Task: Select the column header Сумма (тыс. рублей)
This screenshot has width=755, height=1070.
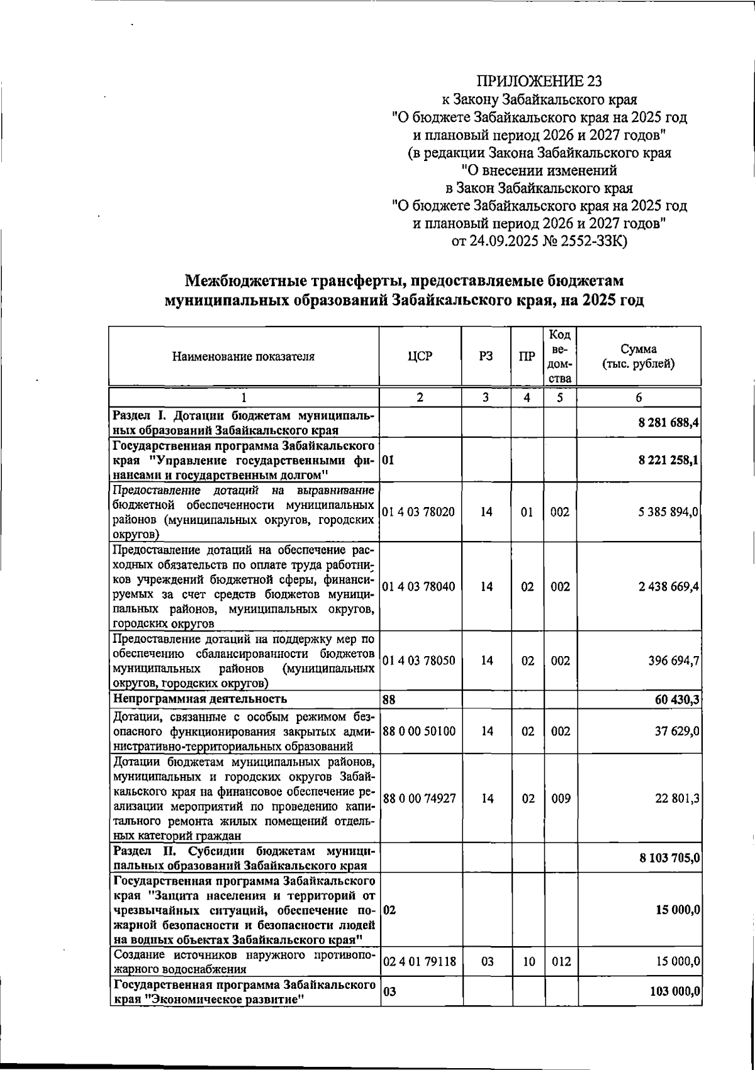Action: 639,357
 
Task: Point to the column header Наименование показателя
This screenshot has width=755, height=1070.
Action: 243,357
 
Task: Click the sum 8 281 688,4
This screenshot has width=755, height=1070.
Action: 669,423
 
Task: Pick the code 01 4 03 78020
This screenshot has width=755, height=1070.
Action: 419,512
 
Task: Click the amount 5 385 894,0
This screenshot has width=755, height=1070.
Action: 669,512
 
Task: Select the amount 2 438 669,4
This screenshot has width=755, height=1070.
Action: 669,587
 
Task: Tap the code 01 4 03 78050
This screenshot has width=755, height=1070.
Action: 419,661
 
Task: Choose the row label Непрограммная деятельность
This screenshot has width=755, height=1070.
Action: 199,699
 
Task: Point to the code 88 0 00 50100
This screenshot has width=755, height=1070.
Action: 419,732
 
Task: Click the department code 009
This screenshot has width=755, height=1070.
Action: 560,799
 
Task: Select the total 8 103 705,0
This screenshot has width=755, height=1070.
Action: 669,858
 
